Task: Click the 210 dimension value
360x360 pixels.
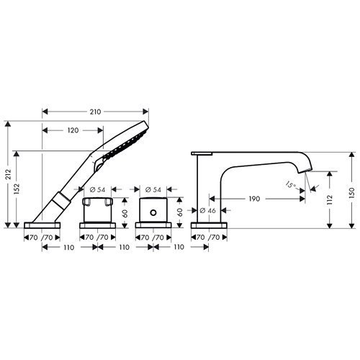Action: point(95,112)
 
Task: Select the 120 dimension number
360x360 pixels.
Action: point(73,130)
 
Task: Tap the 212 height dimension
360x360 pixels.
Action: point(9,174)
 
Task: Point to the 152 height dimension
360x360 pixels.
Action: point(17,189)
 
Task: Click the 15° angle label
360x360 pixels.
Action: point(291,185)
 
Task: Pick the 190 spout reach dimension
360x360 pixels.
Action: point(254,199)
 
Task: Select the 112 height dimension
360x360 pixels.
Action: point(330,199)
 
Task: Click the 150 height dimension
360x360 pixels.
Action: point(352,193)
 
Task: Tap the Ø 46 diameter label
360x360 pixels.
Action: point(208,210)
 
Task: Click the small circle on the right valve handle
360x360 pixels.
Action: point(153,212)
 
